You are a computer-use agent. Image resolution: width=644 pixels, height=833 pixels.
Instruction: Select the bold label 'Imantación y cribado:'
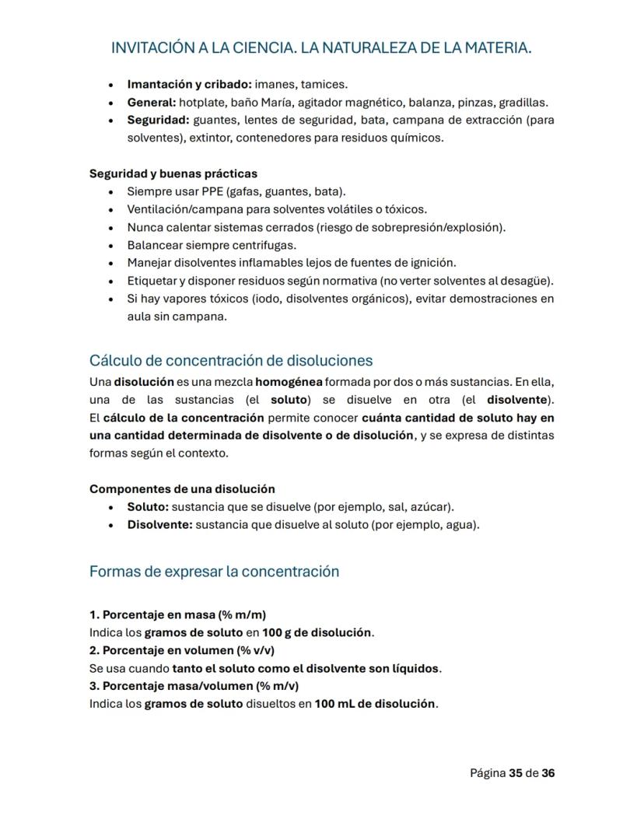point(189,84)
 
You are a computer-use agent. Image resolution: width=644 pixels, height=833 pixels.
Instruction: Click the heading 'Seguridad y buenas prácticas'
point(173,173)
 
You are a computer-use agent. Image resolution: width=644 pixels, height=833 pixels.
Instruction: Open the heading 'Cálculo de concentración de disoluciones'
point(231,361)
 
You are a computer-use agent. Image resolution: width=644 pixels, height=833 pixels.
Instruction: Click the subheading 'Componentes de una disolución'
point(182,489)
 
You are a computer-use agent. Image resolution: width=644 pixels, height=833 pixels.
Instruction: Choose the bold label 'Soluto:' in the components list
point(148,507)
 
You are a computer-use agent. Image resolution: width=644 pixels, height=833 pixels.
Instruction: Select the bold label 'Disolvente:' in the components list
point(159,525)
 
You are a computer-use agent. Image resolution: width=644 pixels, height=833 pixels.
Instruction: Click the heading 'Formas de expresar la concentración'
point(214,572)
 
